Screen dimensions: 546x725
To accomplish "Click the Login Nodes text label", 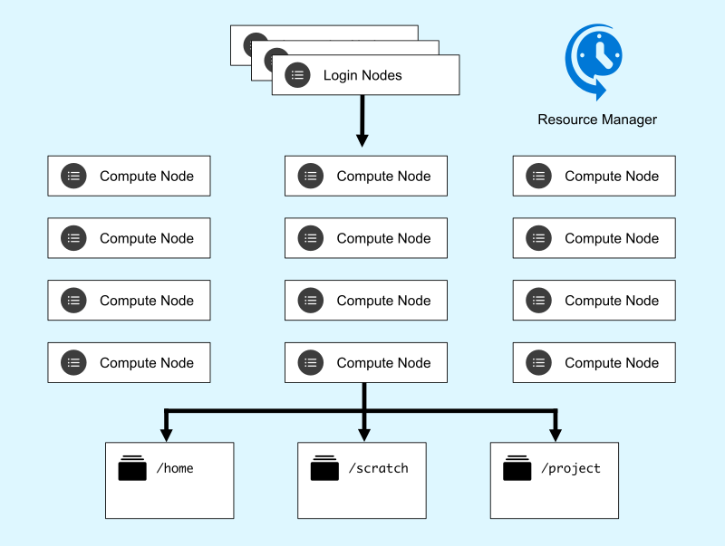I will click(x=362, y=76).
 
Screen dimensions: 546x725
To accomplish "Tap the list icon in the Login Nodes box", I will click(x=297, y=76).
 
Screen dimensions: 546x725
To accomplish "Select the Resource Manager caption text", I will click(x=596, y=120).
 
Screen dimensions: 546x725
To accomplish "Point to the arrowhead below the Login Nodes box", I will click(x=362, y=139).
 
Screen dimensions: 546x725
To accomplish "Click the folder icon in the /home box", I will click(x=132, y=468).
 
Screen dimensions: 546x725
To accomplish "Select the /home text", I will click(x=175, y=468).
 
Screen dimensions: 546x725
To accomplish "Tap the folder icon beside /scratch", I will click(x=324, y=468).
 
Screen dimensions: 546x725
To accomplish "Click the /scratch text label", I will click(x=378, y=468).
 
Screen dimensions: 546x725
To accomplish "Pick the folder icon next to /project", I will click(x=517, y=468).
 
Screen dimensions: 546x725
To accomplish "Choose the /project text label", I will click(x=570, y=468).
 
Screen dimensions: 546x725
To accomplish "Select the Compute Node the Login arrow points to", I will click(x=365, y=176).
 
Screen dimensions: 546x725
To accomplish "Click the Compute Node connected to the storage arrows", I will click(x=365, y=362).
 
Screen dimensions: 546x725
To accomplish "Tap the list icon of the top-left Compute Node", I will click(x=73, y=176).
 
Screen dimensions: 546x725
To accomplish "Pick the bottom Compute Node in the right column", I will click(x=594, y=362).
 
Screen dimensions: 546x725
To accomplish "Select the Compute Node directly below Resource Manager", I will click(x=594, y=176).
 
